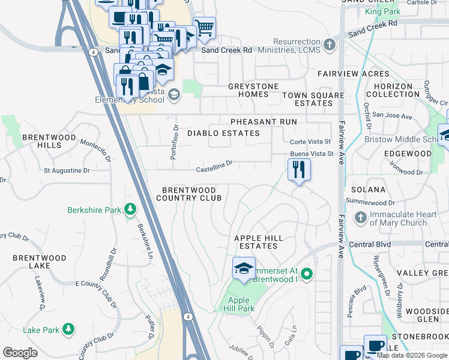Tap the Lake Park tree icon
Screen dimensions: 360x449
(69, 329)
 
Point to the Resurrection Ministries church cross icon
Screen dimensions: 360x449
(329, 44)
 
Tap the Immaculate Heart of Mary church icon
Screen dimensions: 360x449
(360, 217)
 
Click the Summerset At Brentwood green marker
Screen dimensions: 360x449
(307, 275)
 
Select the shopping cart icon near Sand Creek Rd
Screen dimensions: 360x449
(205, 27)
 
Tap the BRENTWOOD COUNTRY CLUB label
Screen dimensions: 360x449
(189, 193)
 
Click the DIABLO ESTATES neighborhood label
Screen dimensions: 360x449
(223, 133)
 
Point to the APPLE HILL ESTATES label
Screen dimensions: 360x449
(258, 242)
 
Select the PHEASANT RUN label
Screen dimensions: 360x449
(264, 122)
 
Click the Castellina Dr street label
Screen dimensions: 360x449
(214, 165)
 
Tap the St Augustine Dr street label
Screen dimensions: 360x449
(67, 170)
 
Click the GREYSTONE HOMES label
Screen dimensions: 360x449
(253, 90)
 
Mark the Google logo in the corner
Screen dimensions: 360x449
(20, 353)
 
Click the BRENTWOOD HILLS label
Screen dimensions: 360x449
(49, 141)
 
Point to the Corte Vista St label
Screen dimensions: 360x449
(310, 142)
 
